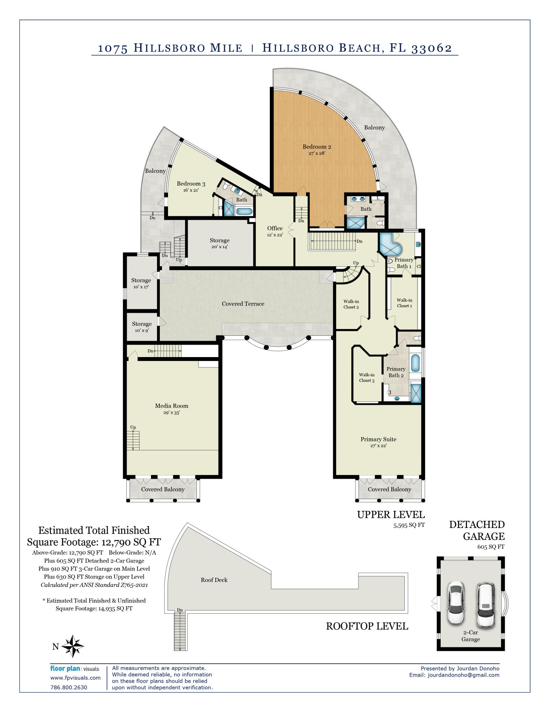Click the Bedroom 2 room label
coord(317,147)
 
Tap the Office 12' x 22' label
coord(275,231)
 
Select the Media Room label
coord(172,406)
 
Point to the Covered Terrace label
coord(243,304)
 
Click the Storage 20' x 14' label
coord(219,243)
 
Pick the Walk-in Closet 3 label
coord(367,377)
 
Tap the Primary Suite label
coord(378,439)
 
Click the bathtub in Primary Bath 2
coord(415,363)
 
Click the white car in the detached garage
coord(456,602)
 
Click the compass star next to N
coord(73,646)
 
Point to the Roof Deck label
coord(214,580)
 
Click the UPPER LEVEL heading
coord(391,515)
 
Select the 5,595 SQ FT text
coord(409,525)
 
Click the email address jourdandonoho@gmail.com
coord(463,675)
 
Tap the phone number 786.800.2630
coord(69,687)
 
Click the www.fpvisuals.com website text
coord(75,678)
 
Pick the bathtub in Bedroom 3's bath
coord(244,211)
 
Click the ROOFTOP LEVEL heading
coord(367,626)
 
